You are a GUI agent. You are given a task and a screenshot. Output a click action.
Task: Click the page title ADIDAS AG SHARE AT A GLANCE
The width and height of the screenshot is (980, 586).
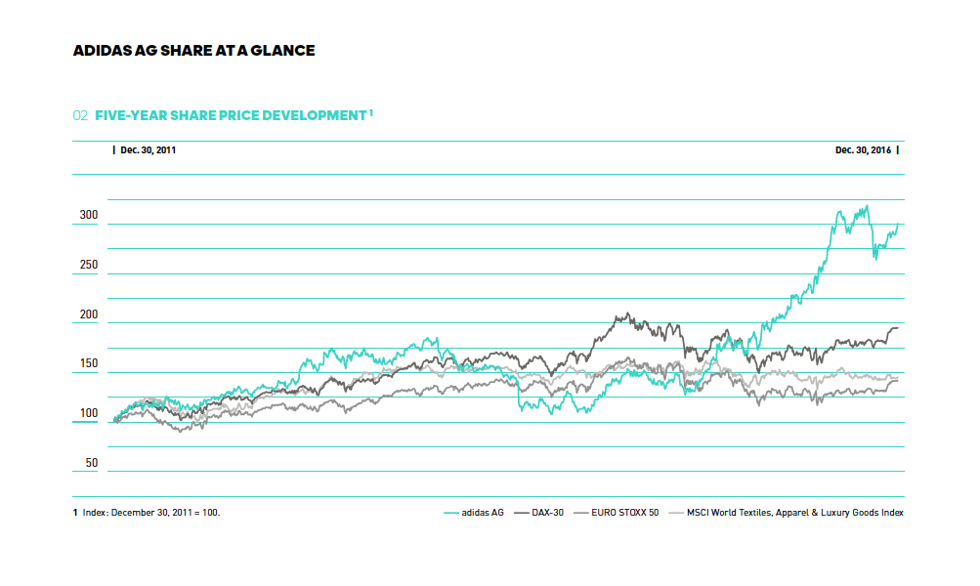(193, 50)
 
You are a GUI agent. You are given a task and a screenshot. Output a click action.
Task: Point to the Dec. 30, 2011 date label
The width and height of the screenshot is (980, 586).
(148, 150)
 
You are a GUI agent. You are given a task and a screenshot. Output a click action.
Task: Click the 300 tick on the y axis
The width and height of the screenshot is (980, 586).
(89, 216)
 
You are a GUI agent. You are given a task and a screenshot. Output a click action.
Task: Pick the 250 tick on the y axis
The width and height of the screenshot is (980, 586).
(89, 265)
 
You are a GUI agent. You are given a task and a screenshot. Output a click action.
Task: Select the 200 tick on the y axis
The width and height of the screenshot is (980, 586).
(89, 314)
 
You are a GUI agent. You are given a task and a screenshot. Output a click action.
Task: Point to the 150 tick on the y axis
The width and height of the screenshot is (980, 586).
(89, 364)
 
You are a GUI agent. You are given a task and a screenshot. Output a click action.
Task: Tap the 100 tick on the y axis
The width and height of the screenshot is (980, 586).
(89, 414)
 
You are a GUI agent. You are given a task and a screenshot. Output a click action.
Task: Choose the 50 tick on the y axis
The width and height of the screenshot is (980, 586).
(89, 463)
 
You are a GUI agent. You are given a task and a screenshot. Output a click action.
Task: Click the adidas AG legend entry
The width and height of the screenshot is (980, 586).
(483, 512)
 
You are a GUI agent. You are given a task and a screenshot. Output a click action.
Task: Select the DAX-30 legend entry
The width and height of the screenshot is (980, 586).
(547, 512)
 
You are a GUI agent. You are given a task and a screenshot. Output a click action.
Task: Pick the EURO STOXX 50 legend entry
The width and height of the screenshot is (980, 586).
(625, 512)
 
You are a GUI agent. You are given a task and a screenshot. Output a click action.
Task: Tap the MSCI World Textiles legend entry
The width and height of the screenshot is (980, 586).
(794, 512)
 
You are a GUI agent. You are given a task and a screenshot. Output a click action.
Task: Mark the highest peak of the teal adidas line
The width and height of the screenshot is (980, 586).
(866, 206)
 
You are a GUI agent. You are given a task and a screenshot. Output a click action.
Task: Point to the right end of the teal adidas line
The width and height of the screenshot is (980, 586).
(898, 224)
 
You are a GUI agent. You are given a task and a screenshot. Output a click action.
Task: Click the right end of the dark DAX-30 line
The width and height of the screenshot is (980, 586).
(898, 328)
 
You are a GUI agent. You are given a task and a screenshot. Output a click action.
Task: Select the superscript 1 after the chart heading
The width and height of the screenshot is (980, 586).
(371, 112)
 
